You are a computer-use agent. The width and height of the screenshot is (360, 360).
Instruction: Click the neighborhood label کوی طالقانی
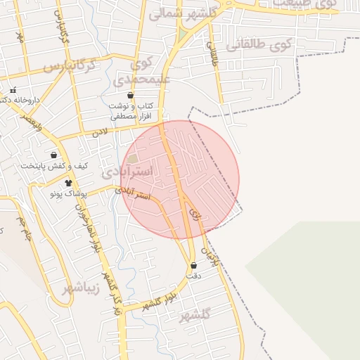click(x=258, y=46)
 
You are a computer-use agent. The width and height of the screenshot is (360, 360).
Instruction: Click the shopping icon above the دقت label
click(x=194, y=265)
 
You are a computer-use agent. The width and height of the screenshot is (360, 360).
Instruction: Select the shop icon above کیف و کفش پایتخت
click(x=54, y=155)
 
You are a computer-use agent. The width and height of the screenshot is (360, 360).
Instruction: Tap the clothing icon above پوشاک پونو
click(x=68, y=183)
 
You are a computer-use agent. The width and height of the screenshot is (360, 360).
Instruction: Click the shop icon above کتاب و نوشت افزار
click(x=130, y=95)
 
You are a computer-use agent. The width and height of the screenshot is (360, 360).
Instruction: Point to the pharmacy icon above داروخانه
click(x=13, y=90)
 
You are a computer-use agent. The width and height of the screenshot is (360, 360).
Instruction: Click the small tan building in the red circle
click(x=133, y=159)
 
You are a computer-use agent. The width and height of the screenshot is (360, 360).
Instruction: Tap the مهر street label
click(x=20, y=35)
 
